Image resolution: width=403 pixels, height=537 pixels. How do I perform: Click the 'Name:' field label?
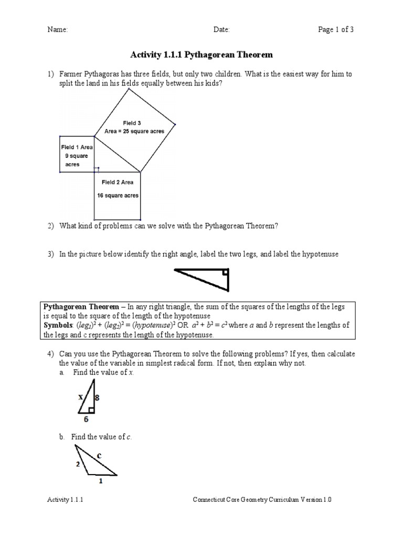click(x=58, y=30)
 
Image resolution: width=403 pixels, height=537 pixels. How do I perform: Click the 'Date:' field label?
click(x=221, y=30)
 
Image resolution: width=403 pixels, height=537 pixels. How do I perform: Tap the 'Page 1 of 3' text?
click(x=336, y=30)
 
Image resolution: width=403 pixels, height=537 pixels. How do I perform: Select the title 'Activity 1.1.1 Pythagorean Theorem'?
click(x=201, y=55)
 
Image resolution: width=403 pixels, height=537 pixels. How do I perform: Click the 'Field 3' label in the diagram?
click(x=132, y=123)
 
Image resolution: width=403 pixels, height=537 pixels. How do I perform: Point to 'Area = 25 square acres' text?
click(x=134, y=132)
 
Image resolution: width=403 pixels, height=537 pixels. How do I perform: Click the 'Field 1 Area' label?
click(x=77, y=147)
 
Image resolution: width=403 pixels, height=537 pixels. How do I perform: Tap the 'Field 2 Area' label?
click(x=118, y=182)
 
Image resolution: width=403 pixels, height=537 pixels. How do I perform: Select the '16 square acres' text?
click(x=118, y=196)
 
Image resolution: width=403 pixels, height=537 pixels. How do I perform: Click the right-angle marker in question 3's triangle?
click(x=225, y=272)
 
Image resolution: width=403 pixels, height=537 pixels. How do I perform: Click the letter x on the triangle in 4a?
click(x=81, y=397)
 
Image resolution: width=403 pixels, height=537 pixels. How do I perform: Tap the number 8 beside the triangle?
click(x=97, y=398)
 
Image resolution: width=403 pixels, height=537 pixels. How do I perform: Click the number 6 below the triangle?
click(x=86, y=420)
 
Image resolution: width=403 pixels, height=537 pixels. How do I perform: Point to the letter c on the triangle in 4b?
click(x=98, y=456)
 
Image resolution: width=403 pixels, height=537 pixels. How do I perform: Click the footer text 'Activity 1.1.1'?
click(x=66, y=500)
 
